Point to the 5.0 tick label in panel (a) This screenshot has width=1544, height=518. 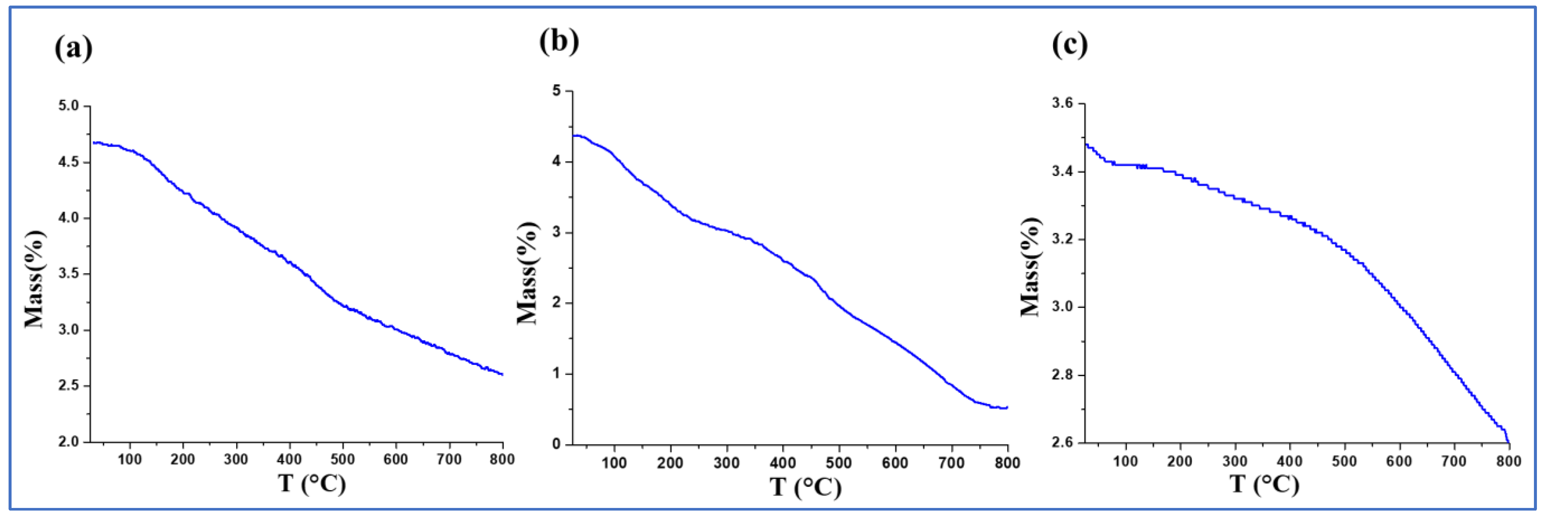pos(69,106)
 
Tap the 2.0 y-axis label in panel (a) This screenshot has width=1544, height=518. pos(69,442)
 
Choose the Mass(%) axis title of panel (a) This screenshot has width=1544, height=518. pos(34,279)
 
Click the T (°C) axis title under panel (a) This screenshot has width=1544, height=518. pos(312,483)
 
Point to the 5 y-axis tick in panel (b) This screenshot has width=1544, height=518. pos(557,91)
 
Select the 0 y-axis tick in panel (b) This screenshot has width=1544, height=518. pos(557,444)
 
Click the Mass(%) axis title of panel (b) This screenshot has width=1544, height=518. pos(527,273)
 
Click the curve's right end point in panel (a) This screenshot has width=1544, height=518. pos(502,374)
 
